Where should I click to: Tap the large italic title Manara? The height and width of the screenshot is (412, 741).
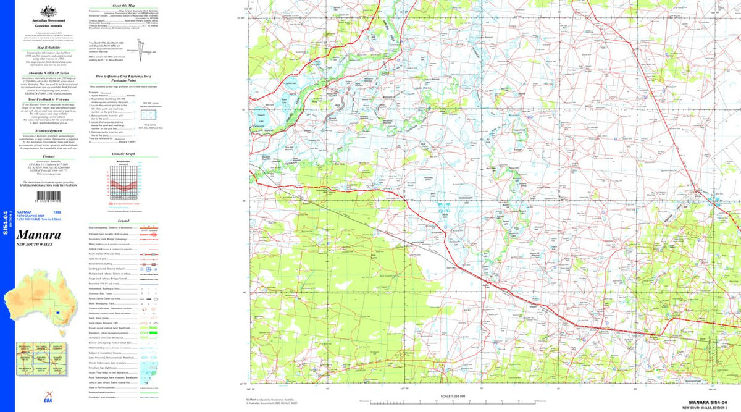[x=38, y=235]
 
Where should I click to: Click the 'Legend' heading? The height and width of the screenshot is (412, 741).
[x=124, y=221]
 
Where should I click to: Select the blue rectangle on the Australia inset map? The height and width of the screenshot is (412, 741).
[x=57, y=313]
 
